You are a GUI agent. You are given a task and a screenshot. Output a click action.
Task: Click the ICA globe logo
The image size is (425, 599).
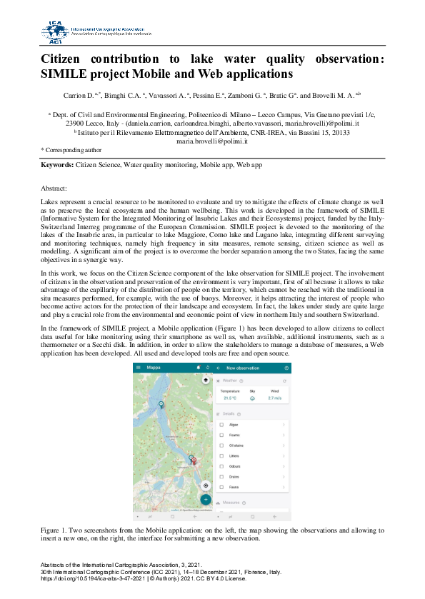(x=55, y=31)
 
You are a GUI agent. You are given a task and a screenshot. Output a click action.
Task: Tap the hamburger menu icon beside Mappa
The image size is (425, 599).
(x=139, y=368)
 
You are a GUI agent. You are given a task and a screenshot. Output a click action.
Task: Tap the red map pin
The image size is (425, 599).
(x=194, y=461)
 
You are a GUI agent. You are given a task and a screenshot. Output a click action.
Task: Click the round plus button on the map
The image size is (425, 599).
(x=206, y=499)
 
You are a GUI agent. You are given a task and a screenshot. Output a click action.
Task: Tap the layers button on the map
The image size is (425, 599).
(x=206, y=381)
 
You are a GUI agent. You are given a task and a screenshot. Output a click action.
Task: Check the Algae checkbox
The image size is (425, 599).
(x=221, y=425)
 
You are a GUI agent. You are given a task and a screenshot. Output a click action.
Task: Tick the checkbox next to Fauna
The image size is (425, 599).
(x=221, y=487)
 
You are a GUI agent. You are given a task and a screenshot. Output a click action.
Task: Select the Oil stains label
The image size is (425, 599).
(x=236, y=446)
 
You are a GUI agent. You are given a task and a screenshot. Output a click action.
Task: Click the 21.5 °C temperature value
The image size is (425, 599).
(x=229, y=398)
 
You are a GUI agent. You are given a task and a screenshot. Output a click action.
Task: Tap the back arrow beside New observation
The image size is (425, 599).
(x=219, y=368)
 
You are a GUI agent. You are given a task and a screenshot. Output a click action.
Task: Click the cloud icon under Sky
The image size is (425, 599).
(x=251, y=398)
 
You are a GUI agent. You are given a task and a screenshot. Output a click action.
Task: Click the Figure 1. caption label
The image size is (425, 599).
(x=55, y=530)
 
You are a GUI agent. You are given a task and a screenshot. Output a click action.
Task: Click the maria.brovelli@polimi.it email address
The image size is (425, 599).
(x=211, y=141)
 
